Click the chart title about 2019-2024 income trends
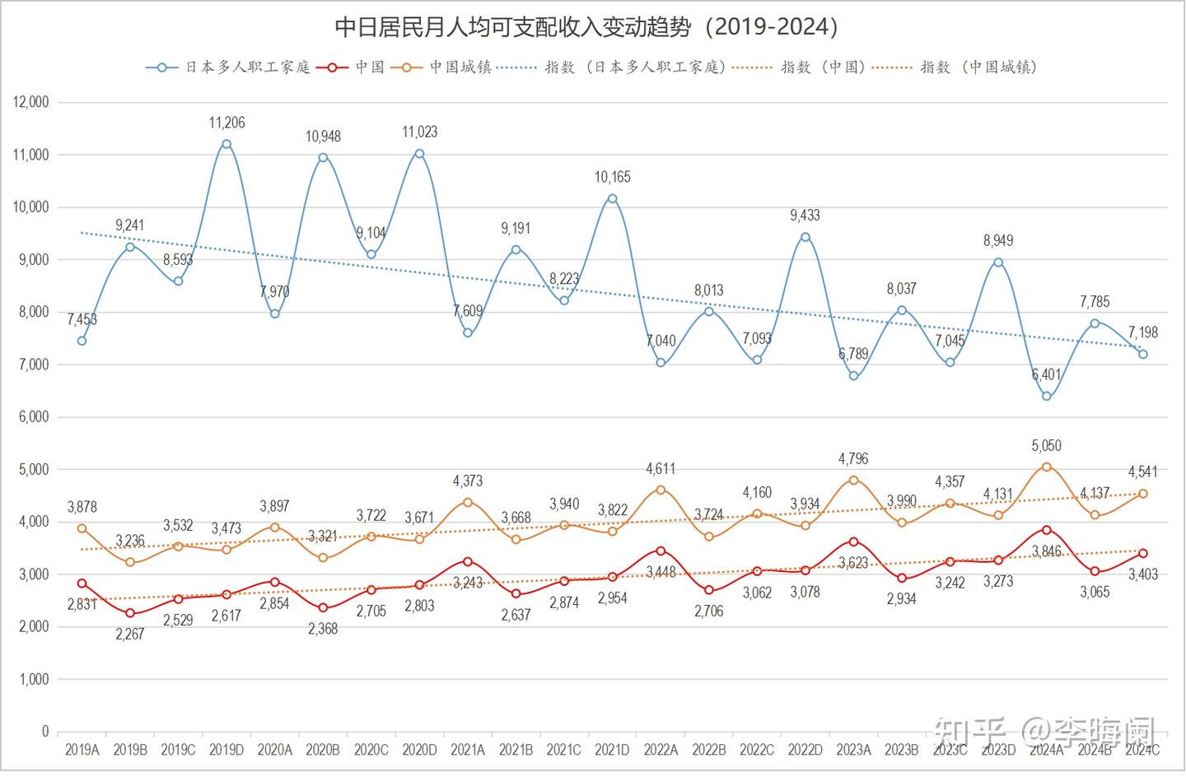(x=586, y=27)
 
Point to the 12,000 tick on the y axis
(x=31, y=102)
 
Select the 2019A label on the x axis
(x=82, y=750)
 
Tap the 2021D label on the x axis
(x=612, y=750)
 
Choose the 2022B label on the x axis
(x=708, y=750)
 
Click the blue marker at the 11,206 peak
(x=226, y=144)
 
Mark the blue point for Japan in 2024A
(x=1046, y=396)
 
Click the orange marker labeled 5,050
(x=1046, y=467)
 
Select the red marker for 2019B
(x=130, y=613)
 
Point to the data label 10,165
(x=612, y=177)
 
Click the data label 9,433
(x=805, y=216)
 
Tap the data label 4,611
(x=660, y=468)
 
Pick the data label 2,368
(x=323, y=629)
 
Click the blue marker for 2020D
(x=419, y=153)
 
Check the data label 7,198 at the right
(x=1142, y=332)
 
